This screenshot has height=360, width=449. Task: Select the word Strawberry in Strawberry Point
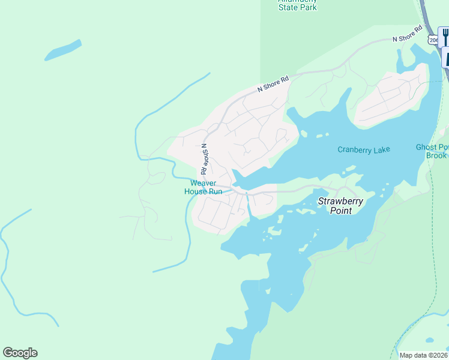tap(340, 202)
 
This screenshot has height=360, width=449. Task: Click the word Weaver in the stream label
tap(203, 184)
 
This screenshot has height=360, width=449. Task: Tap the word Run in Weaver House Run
tap(214, 191)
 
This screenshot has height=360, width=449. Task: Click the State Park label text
tap(297, 7)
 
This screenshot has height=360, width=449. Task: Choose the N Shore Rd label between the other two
tap(273, 83)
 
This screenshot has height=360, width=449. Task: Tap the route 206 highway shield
tap(432, 39)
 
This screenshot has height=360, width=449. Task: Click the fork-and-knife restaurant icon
tap(444, 37)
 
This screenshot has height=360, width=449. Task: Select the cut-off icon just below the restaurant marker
tap(445, 58)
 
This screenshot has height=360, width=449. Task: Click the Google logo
tap(20, 353)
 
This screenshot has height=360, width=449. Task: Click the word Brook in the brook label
tap(436, 155)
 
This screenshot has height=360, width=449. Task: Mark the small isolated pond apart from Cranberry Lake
tap(62, 50)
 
